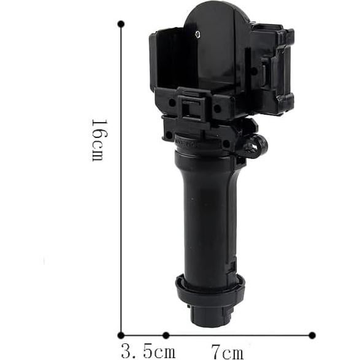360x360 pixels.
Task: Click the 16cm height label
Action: pos(99,140)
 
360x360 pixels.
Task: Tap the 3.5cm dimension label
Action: pos(148,351)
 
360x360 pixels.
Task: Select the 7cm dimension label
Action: pos(227,352)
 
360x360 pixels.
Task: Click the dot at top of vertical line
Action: pos(121,24)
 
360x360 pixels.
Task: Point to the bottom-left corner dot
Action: pos(121,335)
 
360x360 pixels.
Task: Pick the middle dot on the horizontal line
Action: pos(166,335)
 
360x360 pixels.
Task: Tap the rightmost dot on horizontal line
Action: pos(312,335)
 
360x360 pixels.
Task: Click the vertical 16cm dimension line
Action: pos(121,180)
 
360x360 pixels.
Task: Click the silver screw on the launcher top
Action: pos(197,34)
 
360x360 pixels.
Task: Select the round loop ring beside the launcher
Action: pos(258,146)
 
